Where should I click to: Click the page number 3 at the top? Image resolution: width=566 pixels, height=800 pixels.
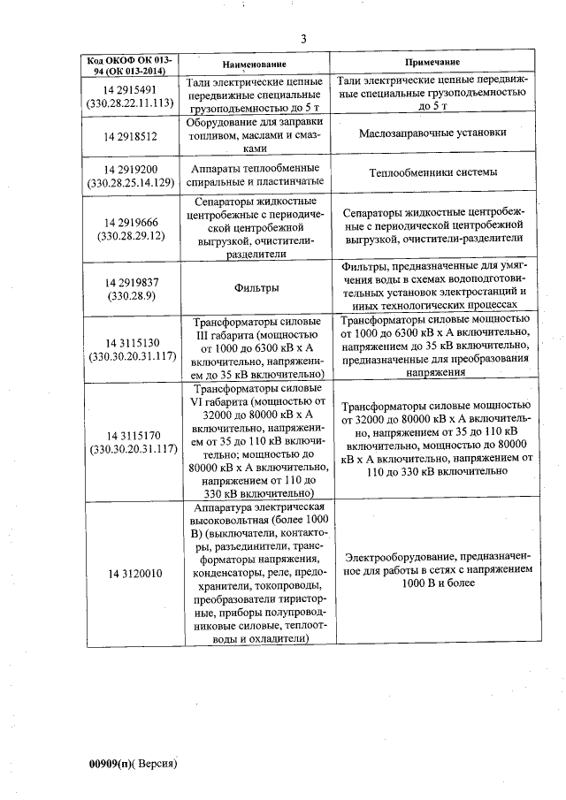(x=303, y=38)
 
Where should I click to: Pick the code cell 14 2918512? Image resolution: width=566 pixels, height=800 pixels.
(x=130, y=136)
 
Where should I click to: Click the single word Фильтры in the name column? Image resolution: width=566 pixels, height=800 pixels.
(x=257, y=288)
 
